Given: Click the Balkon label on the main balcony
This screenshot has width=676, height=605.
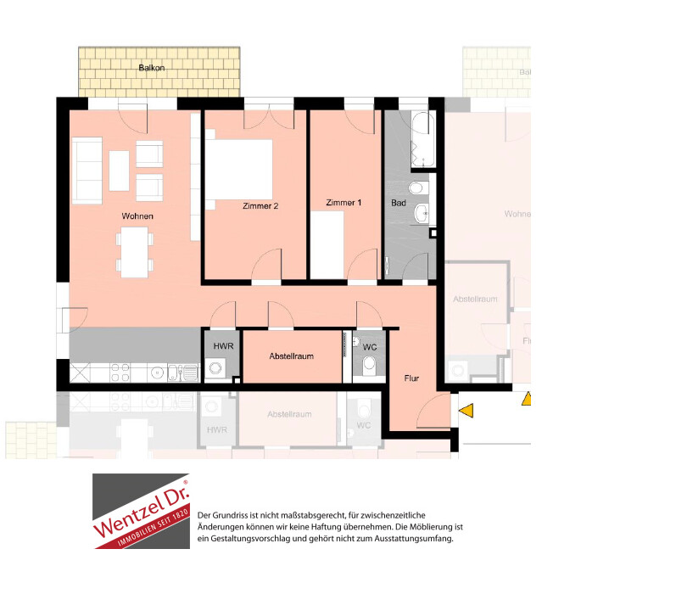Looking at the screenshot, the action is click(x=152, y=68).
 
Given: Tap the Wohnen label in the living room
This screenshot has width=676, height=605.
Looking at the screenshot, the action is click(x=137, y=216).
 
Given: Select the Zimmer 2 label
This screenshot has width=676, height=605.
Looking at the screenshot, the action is click(x=260, y=206).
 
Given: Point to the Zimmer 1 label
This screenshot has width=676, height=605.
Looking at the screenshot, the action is click(x=344, y=203).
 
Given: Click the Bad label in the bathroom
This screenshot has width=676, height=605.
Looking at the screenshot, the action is click(x=399, y=203).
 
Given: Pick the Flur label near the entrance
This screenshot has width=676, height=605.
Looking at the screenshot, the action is click(x=411, y=378).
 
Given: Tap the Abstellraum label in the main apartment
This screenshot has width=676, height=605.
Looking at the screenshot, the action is click(x=292, y=356).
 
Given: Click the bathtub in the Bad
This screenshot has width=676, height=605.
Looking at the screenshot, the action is click(x=423, y=139).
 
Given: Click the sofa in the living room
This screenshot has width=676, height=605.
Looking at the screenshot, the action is click(x=87, y=170).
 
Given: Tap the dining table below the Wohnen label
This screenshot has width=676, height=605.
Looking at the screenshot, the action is click(x=135, y=252).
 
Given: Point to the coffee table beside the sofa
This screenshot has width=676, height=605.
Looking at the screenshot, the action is click(x=119, y=171).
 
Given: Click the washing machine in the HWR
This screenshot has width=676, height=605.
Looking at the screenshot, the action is click(x=215, y=368).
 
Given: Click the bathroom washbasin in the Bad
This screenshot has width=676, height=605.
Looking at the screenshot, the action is click(x=422, y=212).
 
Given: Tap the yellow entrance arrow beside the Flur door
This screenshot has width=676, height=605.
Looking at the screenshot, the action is click(x=466, y=410).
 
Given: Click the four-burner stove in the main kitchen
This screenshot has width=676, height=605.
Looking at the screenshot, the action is click(x=120, y=373).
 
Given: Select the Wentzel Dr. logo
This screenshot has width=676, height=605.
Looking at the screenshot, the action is click(x=141, y=511).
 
